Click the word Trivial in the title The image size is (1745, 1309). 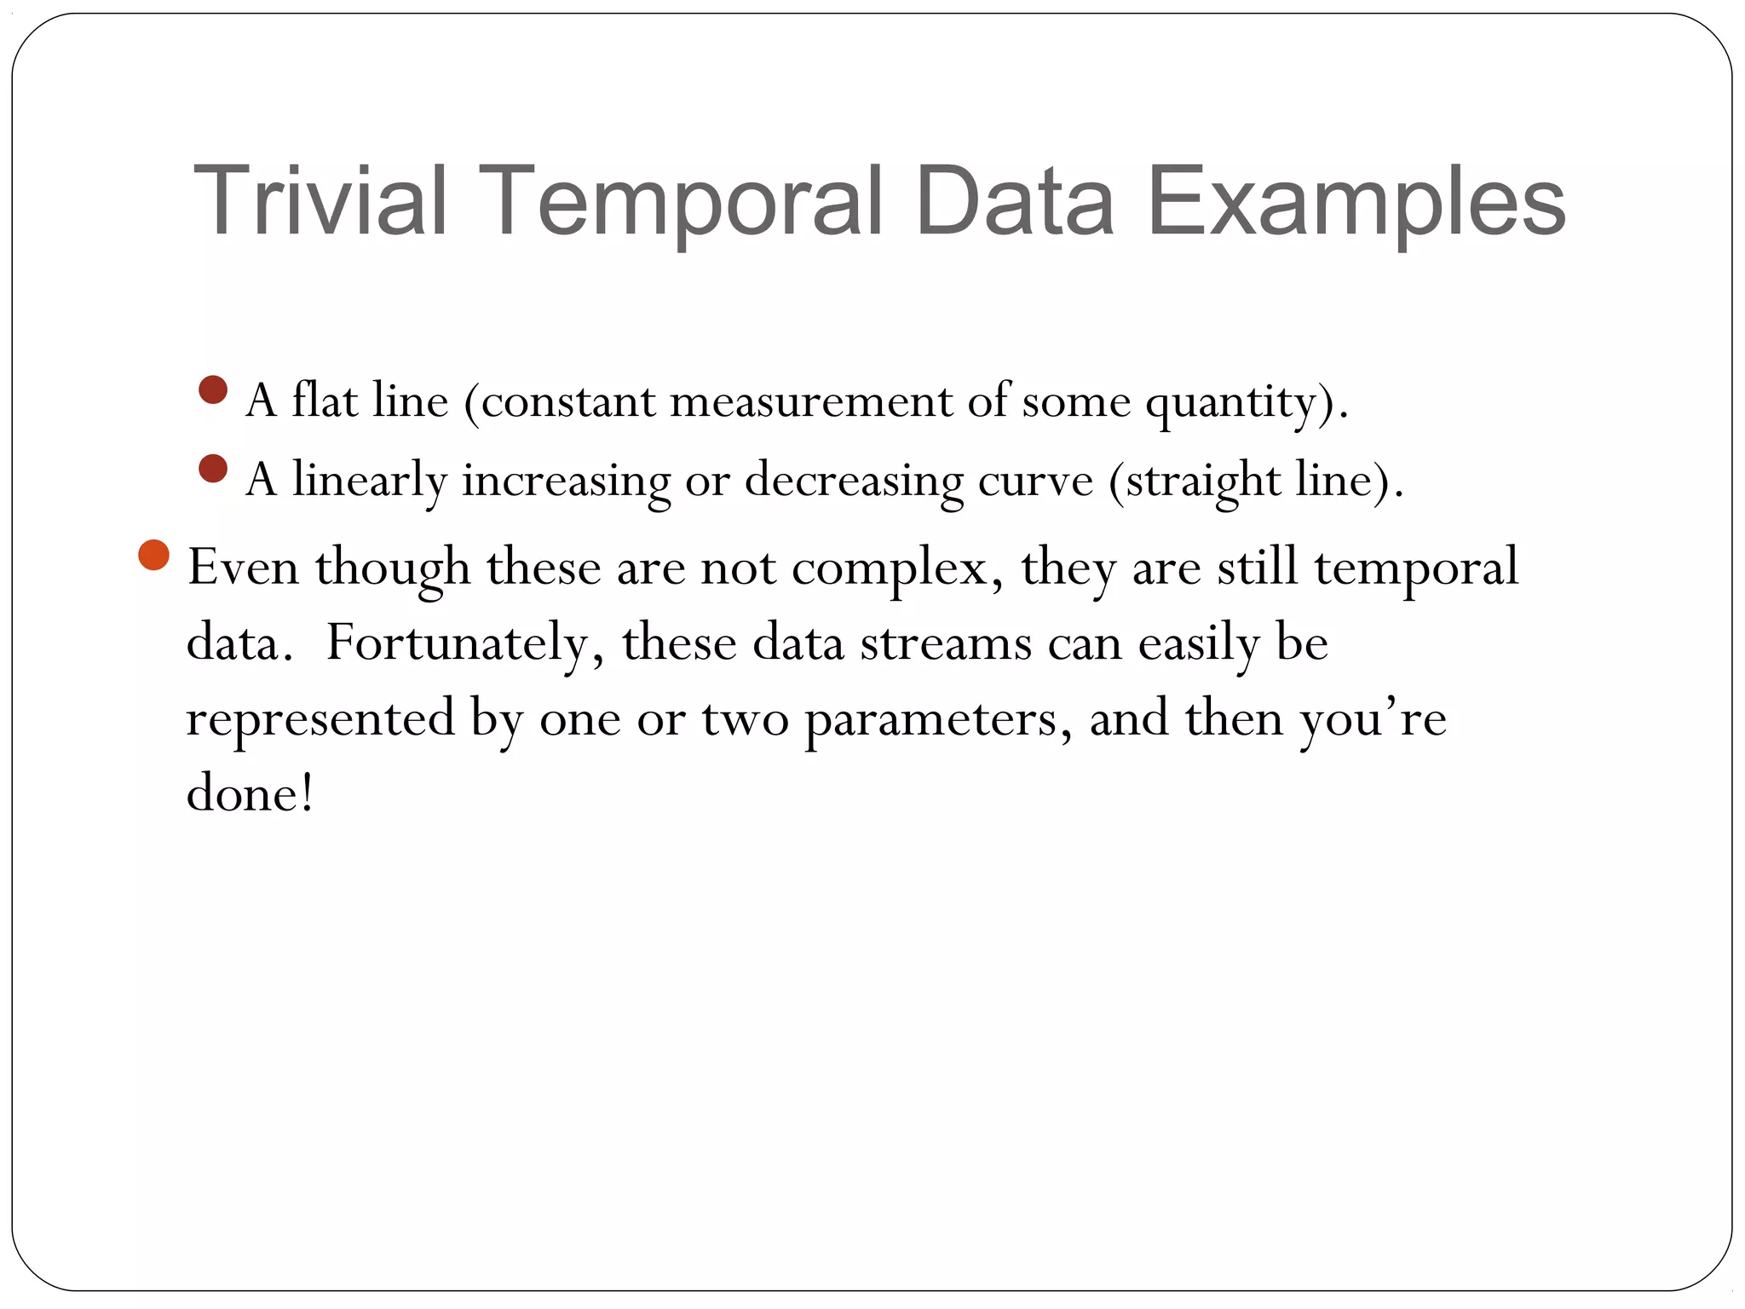click(x=320, y=201)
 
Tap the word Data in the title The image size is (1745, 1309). click(x=1014, y=201)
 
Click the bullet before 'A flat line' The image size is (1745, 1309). click(x=213, y=390)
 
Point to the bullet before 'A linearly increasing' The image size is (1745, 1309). click(x=213, y=469)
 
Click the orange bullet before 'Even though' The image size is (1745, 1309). click(x=154, y=556)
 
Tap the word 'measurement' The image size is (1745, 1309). click(x=810, y=401)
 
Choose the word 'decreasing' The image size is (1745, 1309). click(x=854, y=481)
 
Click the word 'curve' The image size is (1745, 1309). click(x=1035, y=481)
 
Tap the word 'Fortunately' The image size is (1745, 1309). click(x=457, y=643)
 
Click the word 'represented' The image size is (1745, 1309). click(x=320, y=718)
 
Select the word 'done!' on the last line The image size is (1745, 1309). click(x=250, y=794)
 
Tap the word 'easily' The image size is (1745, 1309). click(x=1198, y=644)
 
